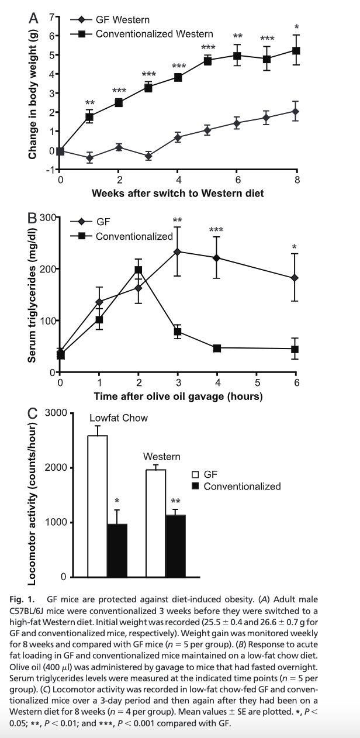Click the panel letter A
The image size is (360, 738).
(x=33, y=19)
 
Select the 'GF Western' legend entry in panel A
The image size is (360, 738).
(x=122, y=19)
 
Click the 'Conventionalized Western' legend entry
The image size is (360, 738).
(x=154, y=34)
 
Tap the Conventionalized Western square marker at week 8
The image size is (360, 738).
(x=296, y=51)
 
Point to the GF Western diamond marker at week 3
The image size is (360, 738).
(x=148, y=156)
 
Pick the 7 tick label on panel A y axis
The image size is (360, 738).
(x=51, y=17)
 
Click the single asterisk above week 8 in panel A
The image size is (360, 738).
(x=296, y=27)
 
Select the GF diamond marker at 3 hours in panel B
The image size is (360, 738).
(x=178, y=251)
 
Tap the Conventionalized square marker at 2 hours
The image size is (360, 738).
(x=139, y=270)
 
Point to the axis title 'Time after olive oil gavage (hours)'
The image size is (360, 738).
(x=178, y=396)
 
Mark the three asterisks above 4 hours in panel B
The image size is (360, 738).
(x=217, y=230)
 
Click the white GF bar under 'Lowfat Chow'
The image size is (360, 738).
(x=97, y=506)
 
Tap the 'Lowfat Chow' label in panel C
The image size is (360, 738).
(x=119, y=418)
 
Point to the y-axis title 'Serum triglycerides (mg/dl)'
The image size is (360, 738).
(x=33, y=294)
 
